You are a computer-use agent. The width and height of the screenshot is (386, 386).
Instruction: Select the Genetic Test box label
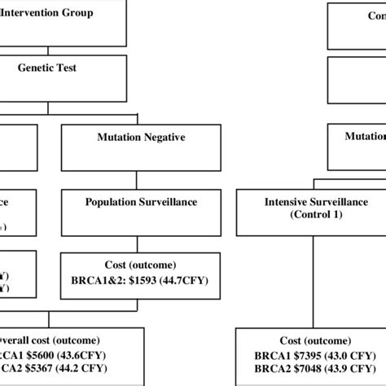coord(47,68)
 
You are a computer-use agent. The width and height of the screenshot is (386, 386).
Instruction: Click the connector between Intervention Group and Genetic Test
coord(48,50)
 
